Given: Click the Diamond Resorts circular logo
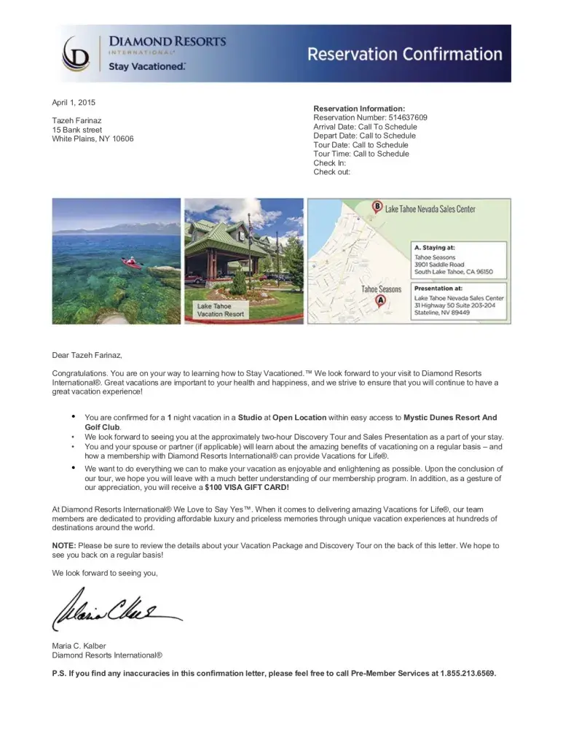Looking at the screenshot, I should (76, 53).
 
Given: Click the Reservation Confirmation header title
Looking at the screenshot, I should (404, 55).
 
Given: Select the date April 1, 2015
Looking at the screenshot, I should (74, 103).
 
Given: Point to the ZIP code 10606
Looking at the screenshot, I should (122, 139).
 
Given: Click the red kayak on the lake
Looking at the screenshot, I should (132, 260).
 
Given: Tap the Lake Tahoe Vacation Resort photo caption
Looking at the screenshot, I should (221, 310).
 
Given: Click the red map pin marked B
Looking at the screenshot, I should (377, 206).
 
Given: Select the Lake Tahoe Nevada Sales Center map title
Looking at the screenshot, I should (430, 209).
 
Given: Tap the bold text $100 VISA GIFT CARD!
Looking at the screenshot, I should (247, 487).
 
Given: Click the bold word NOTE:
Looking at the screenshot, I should (64, 545).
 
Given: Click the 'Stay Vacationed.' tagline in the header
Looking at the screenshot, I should (147, 66).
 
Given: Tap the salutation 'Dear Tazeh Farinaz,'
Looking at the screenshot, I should (87, 356).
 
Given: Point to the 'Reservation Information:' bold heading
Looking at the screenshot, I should (359, 109).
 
